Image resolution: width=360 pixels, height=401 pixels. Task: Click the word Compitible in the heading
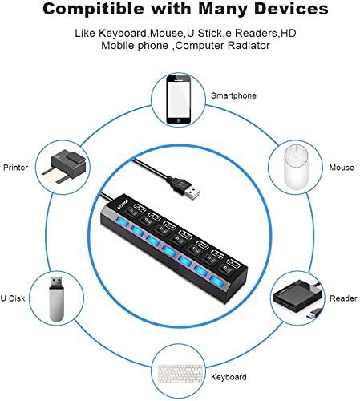[x=93, y=9]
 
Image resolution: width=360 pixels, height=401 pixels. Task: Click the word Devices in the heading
[x=291, y=9]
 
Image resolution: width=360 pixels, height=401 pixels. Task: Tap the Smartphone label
[x=233, y=95]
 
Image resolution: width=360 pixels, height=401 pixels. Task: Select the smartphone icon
[x=179, y=99]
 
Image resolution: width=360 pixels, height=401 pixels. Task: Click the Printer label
[x=15, y=168]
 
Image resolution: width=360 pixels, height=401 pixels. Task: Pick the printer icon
[x=64, y=167]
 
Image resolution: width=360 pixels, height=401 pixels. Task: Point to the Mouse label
[x=342, y=168]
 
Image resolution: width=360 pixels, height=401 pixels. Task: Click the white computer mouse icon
[x=296, y=167]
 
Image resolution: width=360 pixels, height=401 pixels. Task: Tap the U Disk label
[x=13, y=298]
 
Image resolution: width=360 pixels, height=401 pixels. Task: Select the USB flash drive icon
[x=56, y=299]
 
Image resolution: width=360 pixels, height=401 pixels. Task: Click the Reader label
[x=343, y=298]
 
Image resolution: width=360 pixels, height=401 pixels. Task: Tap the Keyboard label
[x=229, y=377]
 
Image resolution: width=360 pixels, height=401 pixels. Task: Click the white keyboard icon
[x=180, y=374]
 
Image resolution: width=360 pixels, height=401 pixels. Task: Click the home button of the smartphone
[x=179, y=121]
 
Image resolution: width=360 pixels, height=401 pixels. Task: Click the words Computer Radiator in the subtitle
[x=223, y=46]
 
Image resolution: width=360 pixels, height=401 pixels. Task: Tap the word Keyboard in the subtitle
[x=123, y=34]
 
